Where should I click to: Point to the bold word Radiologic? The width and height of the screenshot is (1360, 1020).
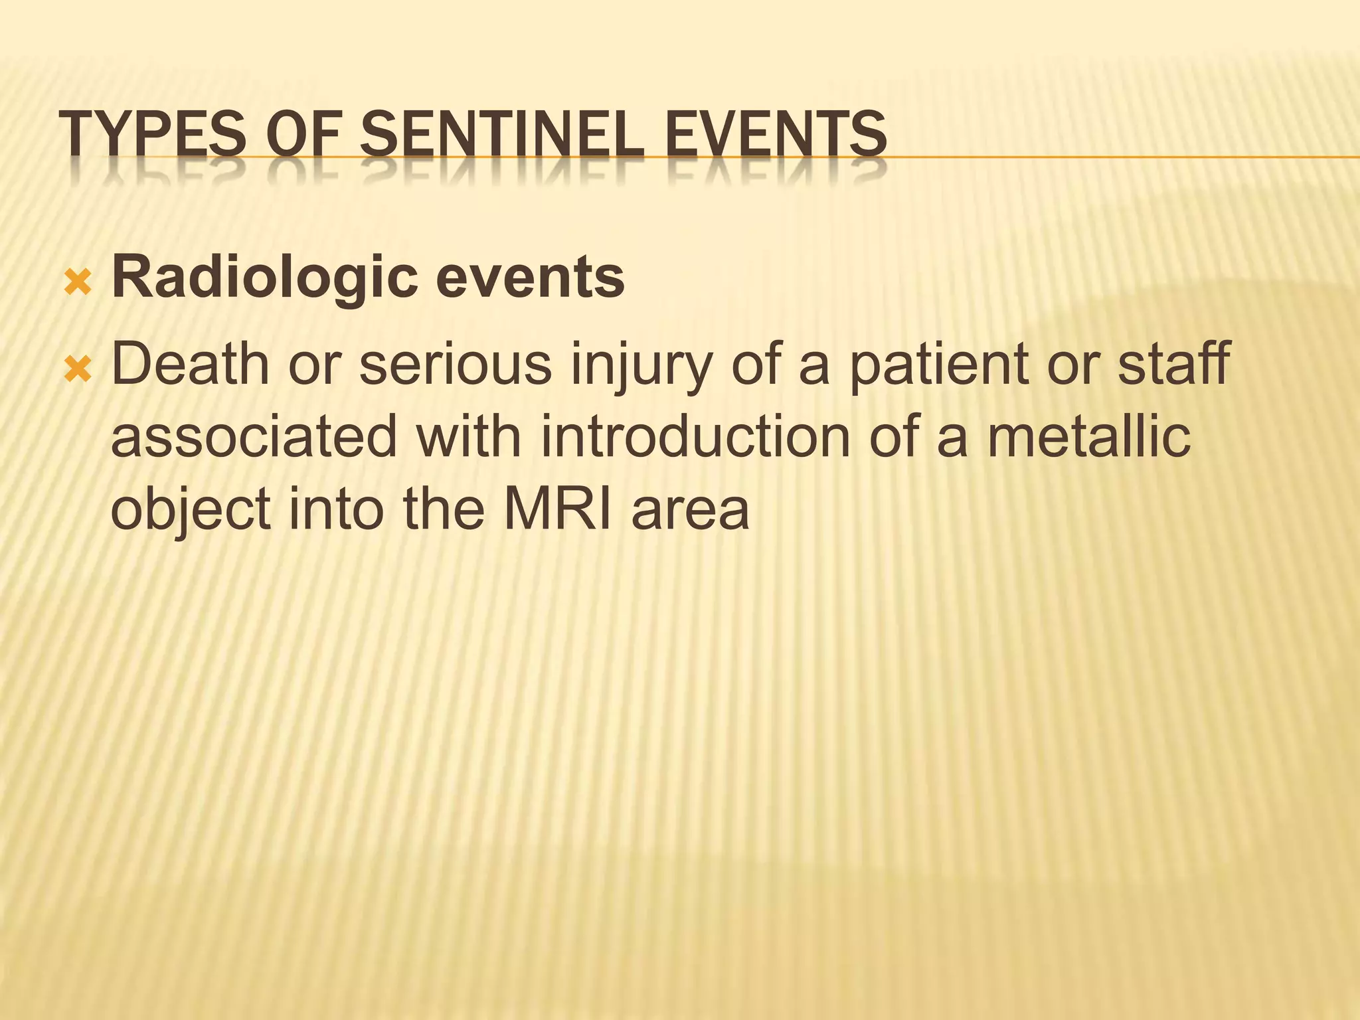(x=265, y=278)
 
